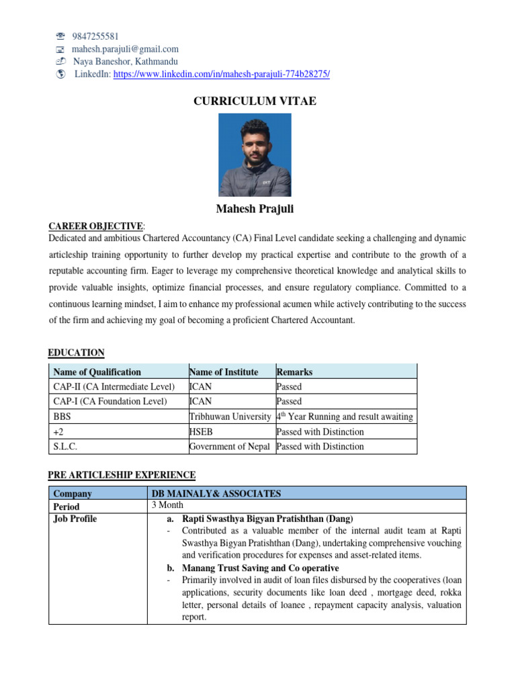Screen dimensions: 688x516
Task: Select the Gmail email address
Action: point(126,49)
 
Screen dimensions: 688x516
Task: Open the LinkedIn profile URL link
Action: point(222,75)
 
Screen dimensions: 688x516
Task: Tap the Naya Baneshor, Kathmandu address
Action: point(126,62)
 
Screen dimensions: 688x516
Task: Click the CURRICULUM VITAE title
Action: point(255,101)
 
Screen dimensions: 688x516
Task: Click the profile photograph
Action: point(255,155)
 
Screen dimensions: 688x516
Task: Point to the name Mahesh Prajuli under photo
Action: point(255,210)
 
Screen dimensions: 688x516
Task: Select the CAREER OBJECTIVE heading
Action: point(95,226)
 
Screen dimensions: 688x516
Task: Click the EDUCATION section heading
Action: point(77,353)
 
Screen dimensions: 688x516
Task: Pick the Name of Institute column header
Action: point(224,372)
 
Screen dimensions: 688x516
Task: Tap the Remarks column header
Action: point(294,372)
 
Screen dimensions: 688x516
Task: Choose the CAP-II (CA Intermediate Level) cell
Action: point(114,386)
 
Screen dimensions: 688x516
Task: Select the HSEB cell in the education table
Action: point(202,431)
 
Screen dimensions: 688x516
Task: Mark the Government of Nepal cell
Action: point(230,446)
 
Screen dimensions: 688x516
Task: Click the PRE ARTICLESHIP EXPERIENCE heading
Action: point(122,475)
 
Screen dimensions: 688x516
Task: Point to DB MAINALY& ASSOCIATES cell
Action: point(216,494)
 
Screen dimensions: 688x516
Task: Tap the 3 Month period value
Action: point(168,505)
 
